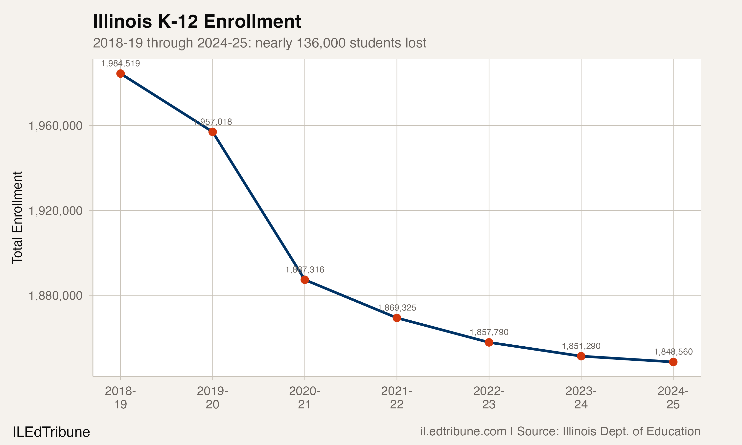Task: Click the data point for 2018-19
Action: point(120,73)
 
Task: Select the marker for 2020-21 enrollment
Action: point(305,280)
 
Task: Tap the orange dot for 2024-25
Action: point(673,362)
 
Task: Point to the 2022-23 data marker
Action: point(489,342)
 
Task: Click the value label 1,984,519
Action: point(120,64)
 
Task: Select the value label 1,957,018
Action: point(213,122)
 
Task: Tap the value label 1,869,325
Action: point(397,308)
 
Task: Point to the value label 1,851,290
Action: point(581,346)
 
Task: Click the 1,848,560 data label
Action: point(673,352)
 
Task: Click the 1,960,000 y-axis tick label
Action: point(55,126)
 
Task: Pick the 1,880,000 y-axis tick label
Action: point(55,296)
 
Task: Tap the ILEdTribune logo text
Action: point(51,432)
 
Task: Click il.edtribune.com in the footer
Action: point(463,431)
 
